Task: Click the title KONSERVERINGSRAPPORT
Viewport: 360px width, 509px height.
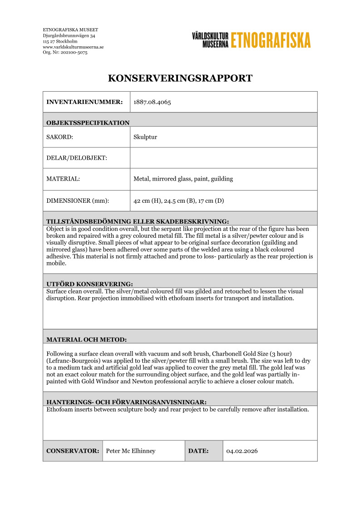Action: tap(180, 78)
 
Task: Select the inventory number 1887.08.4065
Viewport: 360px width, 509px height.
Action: tap(152, 102)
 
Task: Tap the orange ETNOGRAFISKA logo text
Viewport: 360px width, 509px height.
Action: tap(271, 40)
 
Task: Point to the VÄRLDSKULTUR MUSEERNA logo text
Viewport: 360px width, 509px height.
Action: tap(210, 40)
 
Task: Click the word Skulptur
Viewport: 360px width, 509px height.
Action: tap(145, 137)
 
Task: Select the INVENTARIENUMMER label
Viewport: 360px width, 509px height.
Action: tap(84, 102)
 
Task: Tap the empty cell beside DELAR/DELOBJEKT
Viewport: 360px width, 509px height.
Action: tap(223, 158)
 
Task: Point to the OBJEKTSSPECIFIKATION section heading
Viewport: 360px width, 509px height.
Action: tap(88, 122)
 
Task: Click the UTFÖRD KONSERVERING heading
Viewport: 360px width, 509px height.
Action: tap(89, 284)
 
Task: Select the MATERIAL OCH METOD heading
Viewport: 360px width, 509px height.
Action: tap(86, 339)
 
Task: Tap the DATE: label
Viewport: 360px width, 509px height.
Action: tap(198, 451)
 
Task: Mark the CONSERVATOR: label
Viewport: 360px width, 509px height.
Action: tap(73, 451)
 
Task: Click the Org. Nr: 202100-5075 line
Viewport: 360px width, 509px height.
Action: tap(65, 53)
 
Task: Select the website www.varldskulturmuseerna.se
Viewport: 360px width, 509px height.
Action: tap(73, 47)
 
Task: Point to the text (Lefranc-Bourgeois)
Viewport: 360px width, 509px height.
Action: tap(73, 361)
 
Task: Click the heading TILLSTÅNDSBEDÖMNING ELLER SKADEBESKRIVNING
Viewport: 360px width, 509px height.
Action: tap(138, 221)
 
